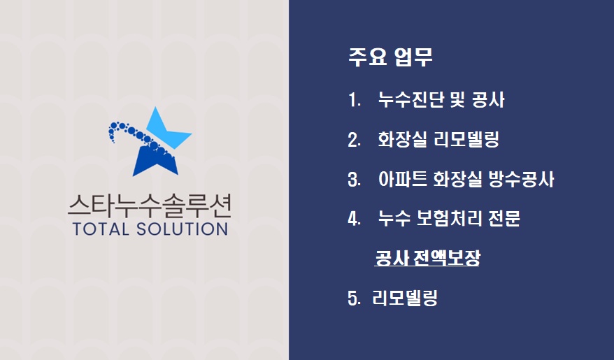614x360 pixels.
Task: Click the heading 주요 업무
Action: [390, 57]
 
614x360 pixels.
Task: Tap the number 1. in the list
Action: [354, 101]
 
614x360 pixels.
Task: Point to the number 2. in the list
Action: [354, 140]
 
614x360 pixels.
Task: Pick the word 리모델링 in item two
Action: [467, 140]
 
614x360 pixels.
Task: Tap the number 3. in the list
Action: [354, 180]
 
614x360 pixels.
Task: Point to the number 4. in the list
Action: [354, 219]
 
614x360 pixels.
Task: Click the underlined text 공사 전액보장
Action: [427, 259]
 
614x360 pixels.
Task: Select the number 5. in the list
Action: [354, 299]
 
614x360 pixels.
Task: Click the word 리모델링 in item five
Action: [405, 299]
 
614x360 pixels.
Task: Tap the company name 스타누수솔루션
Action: [149, 206]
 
